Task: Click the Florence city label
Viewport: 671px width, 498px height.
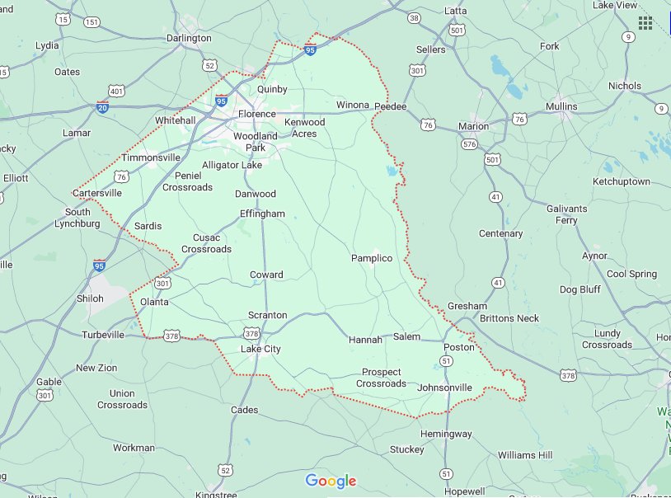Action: (256, 114)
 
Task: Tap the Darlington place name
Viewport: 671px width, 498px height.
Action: (189, 38)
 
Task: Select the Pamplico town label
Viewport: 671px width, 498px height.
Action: (372, 258)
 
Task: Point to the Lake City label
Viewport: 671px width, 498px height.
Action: (260, 349)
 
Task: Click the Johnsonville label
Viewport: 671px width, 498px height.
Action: (445, 387)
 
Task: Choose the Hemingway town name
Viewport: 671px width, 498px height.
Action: (446, 434)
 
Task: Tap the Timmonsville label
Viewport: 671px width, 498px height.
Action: (150, 157)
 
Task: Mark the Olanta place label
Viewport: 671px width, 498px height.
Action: (154, 302)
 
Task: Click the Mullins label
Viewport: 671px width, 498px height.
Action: (561, 106)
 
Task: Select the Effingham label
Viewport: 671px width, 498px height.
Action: (262, 214)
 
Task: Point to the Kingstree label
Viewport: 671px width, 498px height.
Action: (216, 495)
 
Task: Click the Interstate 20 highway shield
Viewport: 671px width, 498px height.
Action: (102, 107)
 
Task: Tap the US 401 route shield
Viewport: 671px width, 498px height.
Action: (115, 90)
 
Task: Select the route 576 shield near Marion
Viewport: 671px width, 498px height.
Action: (469, 143)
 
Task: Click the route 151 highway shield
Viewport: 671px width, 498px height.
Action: (91, 21)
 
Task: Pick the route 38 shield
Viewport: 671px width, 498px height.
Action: (414, 17)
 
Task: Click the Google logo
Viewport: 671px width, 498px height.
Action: (331, 481)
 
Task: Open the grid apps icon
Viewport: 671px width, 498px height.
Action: (645, 22)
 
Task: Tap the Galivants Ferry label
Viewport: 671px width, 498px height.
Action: (567, 214)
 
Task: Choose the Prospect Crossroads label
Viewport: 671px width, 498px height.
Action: (381, 378)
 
